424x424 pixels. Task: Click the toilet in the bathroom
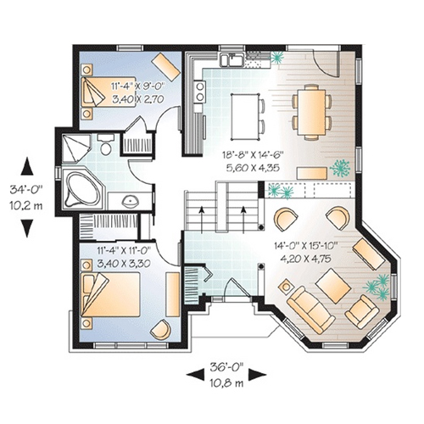click(x=106, y=144)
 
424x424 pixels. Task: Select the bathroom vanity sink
click(x=131, y=201)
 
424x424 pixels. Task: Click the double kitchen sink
click(x=232, y=59)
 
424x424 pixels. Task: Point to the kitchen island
click(x=245, y=117)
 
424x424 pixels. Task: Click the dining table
click(x=311, y=112)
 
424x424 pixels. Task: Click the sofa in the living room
click(x=310, y=310)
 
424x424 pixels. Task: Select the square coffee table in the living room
click(x=333, y=286)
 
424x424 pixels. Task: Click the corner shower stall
click(x=75, y=148)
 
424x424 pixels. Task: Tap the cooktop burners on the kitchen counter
click(x=200, y=91)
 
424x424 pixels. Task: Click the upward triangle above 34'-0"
click(x=27, y=166)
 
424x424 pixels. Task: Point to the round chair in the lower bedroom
click(x=160, y=329)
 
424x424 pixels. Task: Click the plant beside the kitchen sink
click(x=277, y=58)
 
